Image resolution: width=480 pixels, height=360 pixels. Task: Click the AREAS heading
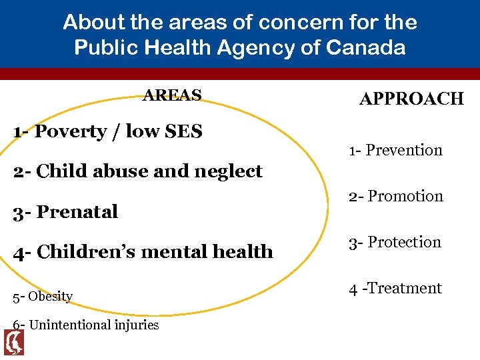point(172,95)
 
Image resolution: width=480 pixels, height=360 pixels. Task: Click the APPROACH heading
point(411,99)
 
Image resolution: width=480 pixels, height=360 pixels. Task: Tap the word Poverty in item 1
point(70,131)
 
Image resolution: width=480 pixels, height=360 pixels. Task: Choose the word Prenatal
point(77,212)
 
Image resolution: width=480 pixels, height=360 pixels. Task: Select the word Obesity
point(51,296)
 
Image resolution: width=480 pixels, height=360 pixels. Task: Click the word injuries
point(137,325)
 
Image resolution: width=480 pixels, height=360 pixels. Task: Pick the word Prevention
point(404,150)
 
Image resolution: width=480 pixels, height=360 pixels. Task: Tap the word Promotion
point(405,196)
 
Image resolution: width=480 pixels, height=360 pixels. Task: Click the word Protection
point(405,242)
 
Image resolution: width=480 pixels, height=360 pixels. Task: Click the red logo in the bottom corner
point(14,342)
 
